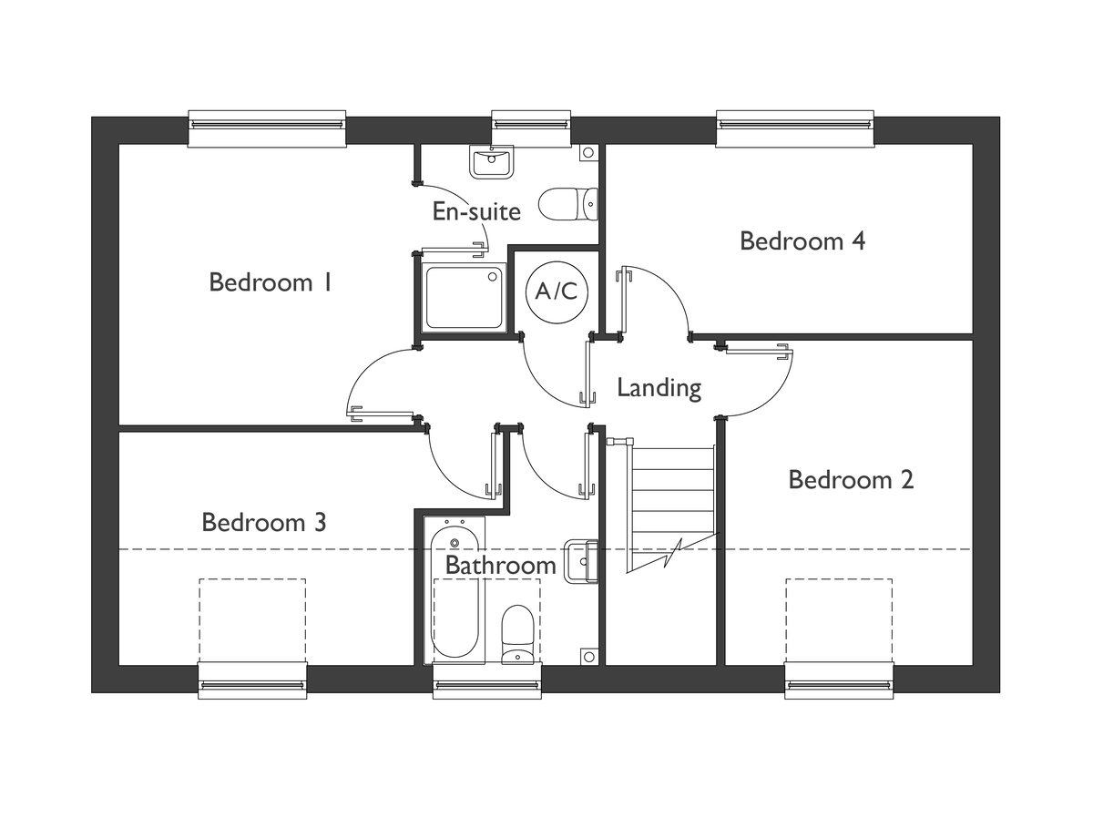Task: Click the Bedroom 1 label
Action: click(271, 282)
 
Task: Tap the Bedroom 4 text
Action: click(802, 241)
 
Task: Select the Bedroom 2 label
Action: click(851, 480)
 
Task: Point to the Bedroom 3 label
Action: click(264, 522)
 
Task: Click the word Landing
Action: click(659, 388)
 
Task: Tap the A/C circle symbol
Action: click(557, 292)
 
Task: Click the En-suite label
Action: click(476, 211)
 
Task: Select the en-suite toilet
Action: click(568, 204)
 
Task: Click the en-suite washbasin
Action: click(492, 162)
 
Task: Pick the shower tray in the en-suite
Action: click(465, 298)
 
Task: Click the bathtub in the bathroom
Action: click(455, 590)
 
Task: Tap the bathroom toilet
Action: click(517, 635)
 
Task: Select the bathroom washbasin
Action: click(580, 562)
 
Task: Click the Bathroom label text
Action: click(500, 565)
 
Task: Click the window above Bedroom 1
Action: click(266, 128)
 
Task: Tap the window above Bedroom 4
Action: click(795, 128)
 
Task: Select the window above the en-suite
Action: click(531, 128)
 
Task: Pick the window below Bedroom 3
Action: click(252, 680)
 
